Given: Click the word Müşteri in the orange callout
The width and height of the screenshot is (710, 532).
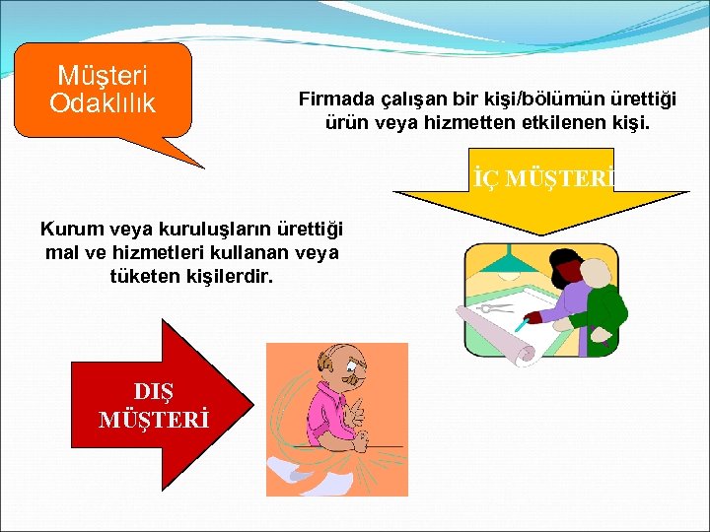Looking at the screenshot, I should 103,76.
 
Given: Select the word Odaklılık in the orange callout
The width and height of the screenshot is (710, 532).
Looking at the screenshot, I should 103,101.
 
